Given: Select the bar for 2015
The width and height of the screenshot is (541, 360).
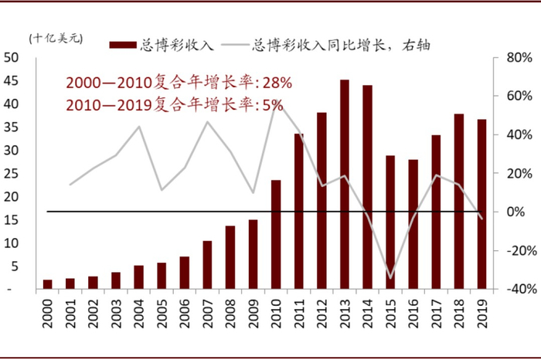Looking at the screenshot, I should pos(390,222).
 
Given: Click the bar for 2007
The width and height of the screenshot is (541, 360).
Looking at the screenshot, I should pos(207,264).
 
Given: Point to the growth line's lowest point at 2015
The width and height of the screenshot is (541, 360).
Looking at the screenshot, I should pos(390,277).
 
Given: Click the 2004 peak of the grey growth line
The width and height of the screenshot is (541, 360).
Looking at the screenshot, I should pos(139,127).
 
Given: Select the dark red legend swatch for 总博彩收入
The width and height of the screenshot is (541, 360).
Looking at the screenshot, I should pos(124,44).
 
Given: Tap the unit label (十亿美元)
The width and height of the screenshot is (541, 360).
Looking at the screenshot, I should pos(56,39).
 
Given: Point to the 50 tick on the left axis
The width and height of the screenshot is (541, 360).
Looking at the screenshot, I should pos(12,57).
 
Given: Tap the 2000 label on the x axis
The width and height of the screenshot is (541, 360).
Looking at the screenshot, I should pos(48,313).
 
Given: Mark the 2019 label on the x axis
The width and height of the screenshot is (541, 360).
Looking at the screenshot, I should pos(482,313).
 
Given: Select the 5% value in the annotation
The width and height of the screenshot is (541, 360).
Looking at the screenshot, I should pos(272,104).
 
